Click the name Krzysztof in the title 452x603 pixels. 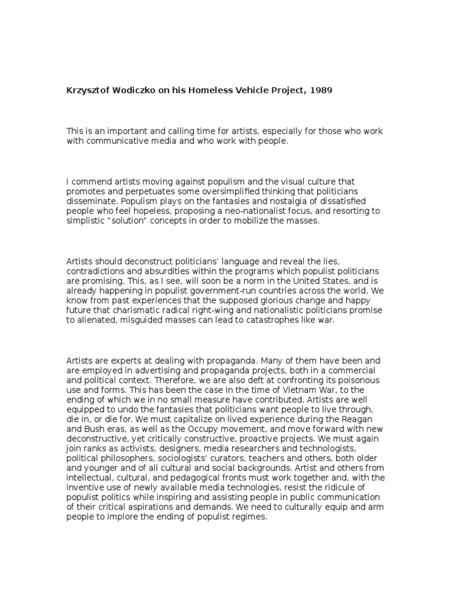89,92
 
